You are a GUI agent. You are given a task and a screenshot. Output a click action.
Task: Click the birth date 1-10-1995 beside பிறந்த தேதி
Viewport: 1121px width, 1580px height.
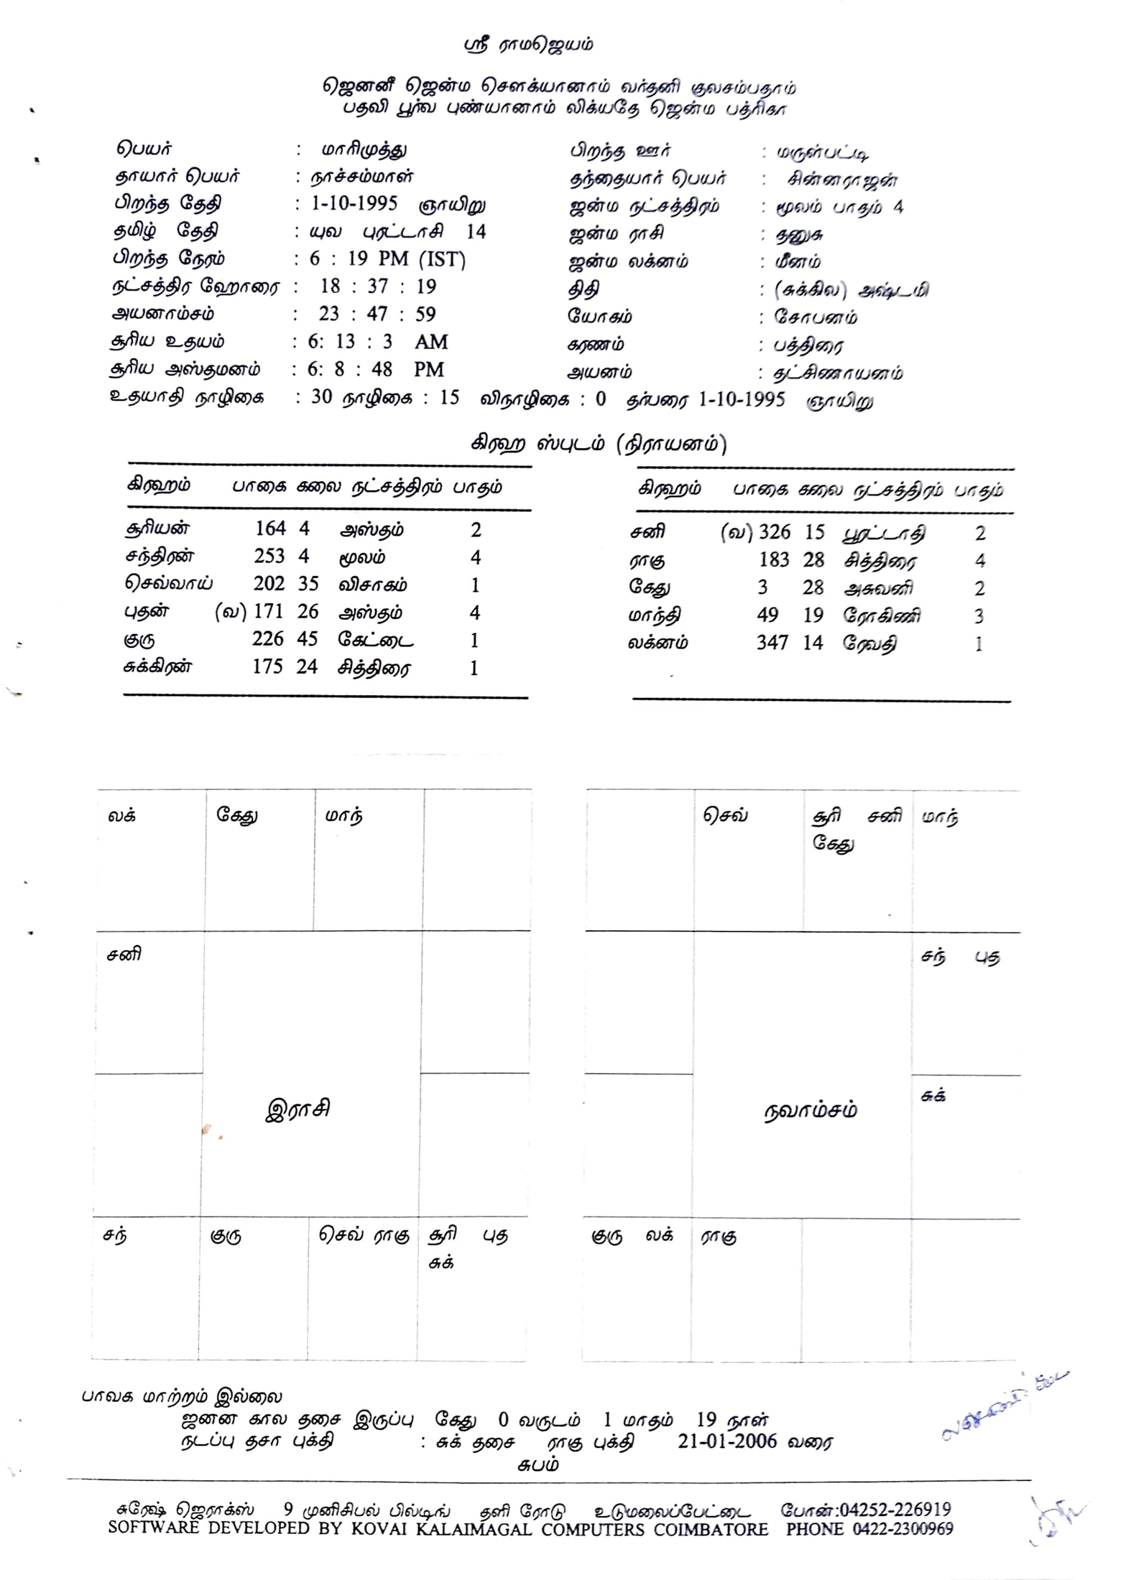354,203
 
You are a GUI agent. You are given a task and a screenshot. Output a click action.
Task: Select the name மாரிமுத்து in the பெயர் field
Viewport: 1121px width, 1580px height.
364,149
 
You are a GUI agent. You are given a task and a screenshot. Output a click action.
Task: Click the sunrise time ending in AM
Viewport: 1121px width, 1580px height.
378,342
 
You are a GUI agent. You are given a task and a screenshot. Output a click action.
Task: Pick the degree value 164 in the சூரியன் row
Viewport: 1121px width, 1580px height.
270,529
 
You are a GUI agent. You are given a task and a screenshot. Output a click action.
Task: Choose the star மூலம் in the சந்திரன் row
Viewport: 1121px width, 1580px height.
362,557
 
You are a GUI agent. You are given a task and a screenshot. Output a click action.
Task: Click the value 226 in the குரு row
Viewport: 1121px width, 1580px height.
267,639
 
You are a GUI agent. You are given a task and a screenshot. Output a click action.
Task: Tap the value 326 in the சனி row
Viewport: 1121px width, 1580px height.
775,532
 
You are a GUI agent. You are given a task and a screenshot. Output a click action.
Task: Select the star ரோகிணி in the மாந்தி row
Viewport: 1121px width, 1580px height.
882,615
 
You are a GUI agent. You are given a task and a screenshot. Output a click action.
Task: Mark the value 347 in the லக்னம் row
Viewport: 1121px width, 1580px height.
772,643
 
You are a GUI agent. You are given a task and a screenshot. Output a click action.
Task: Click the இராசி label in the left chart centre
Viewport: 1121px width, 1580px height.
298,1109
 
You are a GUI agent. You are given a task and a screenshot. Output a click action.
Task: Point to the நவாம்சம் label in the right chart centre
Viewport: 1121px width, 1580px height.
810,1110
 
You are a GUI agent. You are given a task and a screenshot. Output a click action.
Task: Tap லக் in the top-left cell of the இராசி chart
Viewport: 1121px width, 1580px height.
121,815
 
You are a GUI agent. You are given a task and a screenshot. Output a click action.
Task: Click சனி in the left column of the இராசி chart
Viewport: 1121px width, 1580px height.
124,954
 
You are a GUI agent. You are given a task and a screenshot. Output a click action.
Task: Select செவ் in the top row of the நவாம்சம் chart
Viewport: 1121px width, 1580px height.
725,815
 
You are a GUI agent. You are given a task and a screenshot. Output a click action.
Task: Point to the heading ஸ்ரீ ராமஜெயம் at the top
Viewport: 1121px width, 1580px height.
529,45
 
